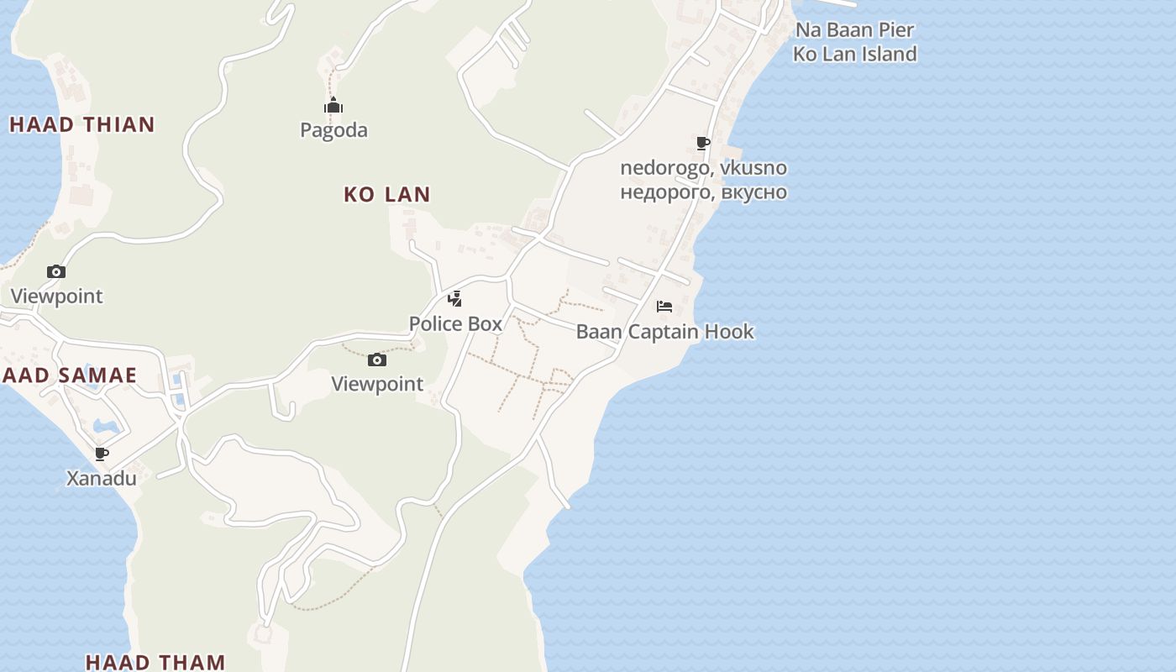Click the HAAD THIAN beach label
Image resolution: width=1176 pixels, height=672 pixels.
tap(82, 124)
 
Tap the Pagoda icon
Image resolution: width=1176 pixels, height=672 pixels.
tap(333, 106)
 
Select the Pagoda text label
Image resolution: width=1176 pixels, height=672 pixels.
tap(334, 130)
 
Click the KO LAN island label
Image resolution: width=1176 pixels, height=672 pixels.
tap(387, 194)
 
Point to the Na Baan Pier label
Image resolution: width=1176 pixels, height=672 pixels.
tap(855, 29)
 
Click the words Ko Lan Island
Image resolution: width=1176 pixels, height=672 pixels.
tap(855, 54)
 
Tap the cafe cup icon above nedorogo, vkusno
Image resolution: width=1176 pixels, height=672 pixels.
tap(703, 143)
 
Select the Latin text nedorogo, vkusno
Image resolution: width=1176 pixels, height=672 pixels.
tap(704, 167)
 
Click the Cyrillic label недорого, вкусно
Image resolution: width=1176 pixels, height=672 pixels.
tap(704, 192)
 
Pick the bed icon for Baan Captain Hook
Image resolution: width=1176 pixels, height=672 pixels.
tap(664, 307)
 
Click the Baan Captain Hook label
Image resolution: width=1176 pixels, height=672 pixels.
tap(665, 332)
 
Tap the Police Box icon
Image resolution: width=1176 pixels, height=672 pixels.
tap(454, 298)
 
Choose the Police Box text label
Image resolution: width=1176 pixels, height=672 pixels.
tap(455, 323)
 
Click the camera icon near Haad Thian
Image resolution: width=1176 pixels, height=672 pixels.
tap(56, 271)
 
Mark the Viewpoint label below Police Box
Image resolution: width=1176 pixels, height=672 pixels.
tap(377, 384)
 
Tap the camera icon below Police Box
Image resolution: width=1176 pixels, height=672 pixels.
tap(377, 360)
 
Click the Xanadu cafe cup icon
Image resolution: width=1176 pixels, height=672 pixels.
tap(102, 454)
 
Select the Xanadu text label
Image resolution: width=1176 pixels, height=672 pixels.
tap(102, 479)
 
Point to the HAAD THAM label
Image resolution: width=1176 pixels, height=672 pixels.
tap(155, 662)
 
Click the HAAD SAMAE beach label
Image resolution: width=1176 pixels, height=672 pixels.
tap(69, 375)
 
